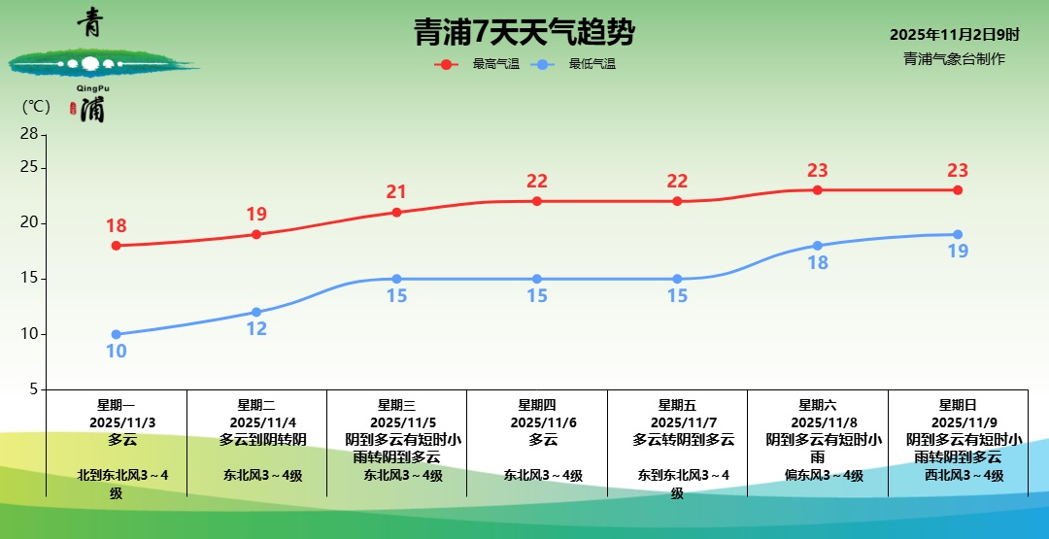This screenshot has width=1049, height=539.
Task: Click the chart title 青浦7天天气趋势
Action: pyautogui.click(x=524, y=33)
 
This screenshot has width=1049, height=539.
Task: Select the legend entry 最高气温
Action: pyautogui.click(x=495, y=64)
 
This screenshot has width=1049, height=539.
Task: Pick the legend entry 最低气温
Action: pyautogui.click(x=592, y=64)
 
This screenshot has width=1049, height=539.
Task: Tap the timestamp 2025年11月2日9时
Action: pyautogui.click(x=954, y=34)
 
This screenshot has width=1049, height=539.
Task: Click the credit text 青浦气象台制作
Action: pyautogui.click(x=954, y=58)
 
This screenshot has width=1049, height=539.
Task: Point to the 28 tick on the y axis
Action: pyautogui.click(x=29, y=133)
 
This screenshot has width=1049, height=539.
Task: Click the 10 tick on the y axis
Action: pyautogui.click(x=29, y=334)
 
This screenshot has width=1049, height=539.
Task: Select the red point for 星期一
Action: pyautogui.click(x=117, y=246)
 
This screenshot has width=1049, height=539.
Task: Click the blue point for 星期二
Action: pyautogui.click(x=256, y=312)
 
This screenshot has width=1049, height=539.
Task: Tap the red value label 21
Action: pyautogui.click(x=396, y=192)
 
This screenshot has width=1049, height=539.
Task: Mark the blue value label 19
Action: pyautogui.click(x=958, y=252)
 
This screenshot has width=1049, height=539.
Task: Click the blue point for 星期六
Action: pyautogui.click(x=818, y=246)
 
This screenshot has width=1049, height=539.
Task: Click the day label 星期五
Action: pyautogui.click(x=677, y=405)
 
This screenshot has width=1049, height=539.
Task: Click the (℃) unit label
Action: pyautogui.click(x=36, y=106)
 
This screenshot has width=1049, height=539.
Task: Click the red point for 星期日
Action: pyautogui.click(x=958, y=190)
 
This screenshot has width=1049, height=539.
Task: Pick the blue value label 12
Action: pyautogui.click(x=256, y=329)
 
